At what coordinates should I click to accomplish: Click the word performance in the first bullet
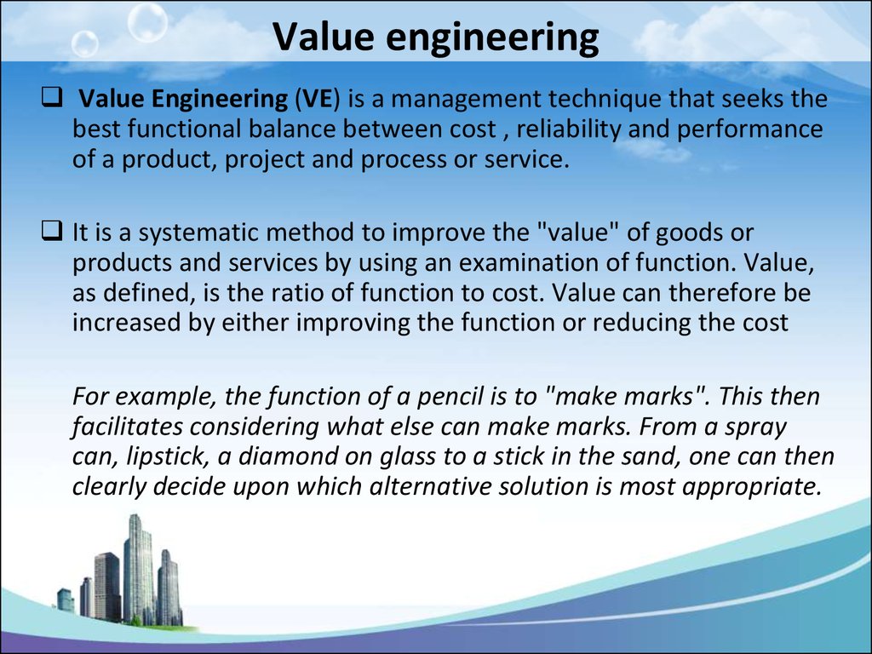749,129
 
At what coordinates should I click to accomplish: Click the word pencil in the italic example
450,397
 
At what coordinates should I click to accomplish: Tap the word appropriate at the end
753,487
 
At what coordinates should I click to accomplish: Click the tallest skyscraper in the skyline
138,568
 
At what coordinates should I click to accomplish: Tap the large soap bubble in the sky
148,22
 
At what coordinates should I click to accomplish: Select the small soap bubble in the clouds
85,43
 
